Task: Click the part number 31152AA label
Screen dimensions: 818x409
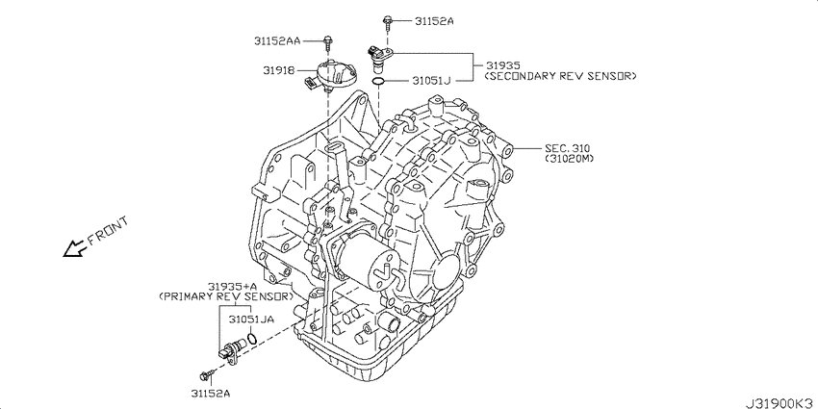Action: click(277, 40)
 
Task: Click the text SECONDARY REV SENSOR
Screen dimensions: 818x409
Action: click(561, 76)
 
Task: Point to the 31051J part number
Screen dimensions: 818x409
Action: click(431, 80)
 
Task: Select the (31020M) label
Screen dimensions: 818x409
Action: click(570, 159)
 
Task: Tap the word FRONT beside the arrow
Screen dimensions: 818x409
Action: click(108, 231)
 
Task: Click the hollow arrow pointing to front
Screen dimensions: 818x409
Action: click(75, 249)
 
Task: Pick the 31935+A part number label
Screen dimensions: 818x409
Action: click(233, 287)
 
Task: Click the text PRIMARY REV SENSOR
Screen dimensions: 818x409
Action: click(226, 296)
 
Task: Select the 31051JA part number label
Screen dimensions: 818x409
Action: click(251, 318)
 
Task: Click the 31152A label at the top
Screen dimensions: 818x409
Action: click(435, 21)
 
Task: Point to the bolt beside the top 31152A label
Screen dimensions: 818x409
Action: click(387, 21)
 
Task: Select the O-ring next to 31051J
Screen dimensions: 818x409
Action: click(379, 82)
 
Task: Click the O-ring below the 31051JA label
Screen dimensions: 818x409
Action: click(252, 339)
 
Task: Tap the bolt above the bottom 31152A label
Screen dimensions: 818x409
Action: click(207, 374)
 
